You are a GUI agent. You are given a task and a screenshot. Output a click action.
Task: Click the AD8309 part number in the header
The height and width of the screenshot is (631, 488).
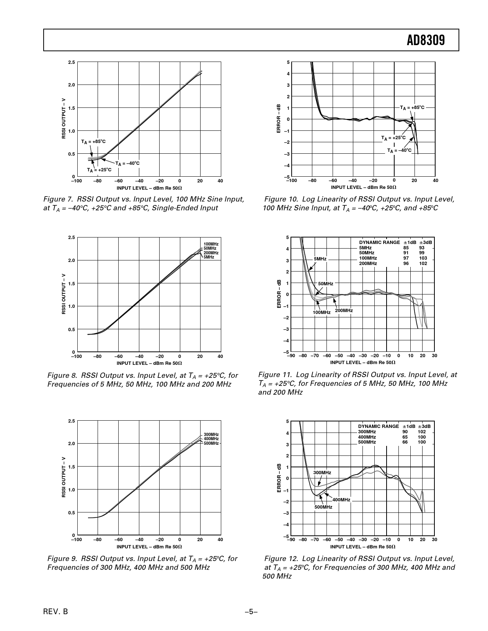click(x=426, y=39)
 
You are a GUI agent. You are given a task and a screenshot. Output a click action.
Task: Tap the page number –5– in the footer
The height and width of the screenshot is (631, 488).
click(x=251, y=611)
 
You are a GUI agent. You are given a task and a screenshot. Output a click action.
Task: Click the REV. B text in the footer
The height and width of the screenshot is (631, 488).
click(x=56, y=611)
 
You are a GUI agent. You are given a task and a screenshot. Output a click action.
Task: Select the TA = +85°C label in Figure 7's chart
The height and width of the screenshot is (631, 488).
click(x=93, y=141)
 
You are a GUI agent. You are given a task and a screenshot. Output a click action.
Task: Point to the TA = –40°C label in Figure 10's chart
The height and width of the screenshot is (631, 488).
click(x=399, y=151)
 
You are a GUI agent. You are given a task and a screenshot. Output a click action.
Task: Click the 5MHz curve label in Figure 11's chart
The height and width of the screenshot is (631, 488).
click(x=320, y=259)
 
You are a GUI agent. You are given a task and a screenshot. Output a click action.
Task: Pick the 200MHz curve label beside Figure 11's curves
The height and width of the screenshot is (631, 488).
click(x=344, y=311)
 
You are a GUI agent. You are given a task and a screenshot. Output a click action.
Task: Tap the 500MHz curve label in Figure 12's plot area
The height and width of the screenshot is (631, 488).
click(x=323, y=507)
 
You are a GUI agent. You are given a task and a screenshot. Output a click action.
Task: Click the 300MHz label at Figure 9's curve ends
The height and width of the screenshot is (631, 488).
click(x=211, y=434)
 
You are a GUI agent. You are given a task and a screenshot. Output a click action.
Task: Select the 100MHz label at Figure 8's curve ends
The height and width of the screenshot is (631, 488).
click(x=211, y=244)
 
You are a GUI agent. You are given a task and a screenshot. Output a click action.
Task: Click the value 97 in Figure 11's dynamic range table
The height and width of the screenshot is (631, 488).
click(x=406, y=258)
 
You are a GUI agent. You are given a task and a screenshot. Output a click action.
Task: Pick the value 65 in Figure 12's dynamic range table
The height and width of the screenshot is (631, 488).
click(x=405, y=437)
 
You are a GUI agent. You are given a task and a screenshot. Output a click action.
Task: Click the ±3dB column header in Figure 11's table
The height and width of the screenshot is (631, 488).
click(x=426, y=242)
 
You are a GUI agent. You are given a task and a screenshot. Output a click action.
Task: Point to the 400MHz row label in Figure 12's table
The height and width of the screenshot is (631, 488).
click(x=367, y=437)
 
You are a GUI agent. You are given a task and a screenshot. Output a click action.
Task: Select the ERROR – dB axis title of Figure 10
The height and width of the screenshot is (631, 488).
click(x=278, y=119)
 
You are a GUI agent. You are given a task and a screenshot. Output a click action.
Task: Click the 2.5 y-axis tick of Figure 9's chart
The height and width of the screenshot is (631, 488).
click(x=71, y=421)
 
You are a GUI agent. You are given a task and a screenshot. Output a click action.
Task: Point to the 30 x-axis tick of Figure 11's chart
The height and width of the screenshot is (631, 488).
click(x=434, y=356)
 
